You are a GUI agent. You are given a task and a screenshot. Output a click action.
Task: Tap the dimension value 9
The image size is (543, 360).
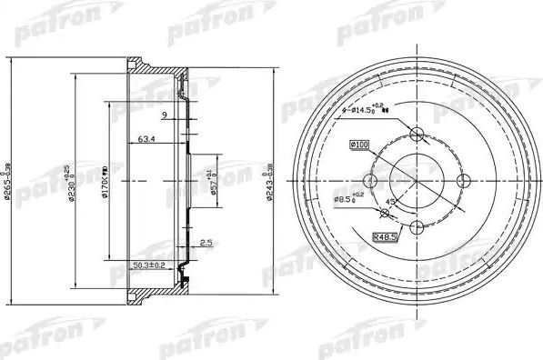click(x=164, y=115)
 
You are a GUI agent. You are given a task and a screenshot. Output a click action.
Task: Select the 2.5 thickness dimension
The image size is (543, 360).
click(x=207, y=243)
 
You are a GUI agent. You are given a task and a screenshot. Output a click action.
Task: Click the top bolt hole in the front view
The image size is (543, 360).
click(x=417, y=135)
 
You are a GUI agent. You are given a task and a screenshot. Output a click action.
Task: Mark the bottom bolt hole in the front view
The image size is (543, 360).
click(x=417, y=225)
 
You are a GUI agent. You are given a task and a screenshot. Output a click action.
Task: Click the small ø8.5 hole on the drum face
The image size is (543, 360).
click(x=385, y=213)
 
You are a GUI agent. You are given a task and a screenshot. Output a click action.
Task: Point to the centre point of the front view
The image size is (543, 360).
click(x=417, y=179)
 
